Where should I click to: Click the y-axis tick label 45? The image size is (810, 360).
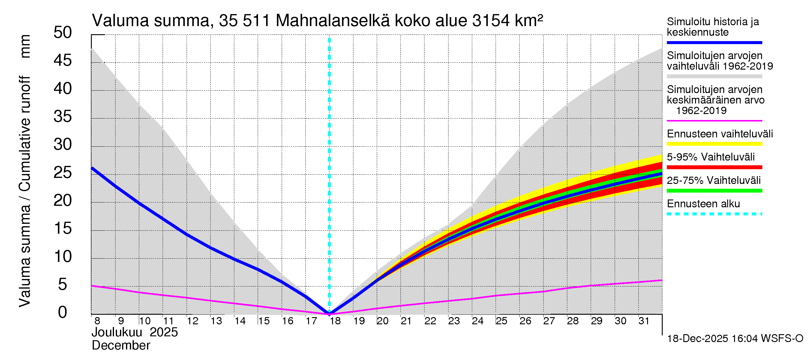63,60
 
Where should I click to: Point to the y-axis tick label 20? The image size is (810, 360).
63,200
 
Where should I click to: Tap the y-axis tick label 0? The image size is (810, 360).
63,312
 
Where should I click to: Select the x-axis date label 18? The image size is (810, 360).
335,321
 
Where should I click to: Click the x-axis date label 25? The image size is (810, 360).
501,321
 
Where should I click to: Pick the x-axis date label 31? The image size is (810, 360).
644,321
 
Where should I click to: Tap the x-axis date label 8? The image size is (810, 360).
97,321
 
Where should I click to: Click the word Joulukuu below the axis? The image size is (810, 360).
117,332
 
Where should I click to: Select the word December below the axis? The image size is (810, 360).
121,346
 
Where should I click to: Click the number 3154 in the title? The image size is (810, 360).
490,21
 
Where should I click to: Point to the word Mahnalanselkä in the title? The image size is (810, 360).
332,21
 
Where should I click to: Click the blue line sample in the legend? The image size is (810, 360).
714,42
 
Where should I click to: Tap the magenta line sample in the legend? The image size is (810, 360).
714,121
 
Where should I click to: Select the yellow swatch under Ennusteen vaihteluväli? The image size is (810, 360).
714,144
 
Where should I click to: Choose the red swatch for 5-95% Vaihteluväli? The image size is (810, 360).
714,167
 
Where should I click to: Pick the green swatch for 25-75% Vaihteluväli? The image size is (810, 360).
714,190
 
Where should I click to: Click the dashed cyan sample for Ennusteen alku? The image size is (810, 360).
714,214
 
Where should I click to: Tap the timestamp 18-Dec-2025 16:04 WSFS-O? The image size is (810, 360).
735,339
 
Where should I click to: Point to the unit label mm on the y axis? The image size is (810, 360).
25,46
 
